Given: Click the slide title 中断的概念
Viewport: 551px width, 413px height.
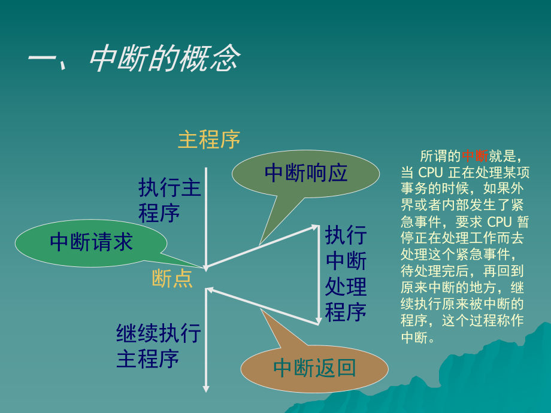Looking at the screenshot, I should tap(165, 59).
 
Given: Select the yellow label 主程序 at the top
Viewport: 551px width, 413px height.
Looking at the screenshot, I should tap(209, 139).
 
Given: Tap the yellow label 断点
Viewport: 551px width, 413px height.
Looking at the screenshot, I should tap(172, 278).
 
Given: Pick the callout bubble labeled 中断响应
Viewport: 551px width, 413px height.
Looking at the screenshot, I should tap(305, 173).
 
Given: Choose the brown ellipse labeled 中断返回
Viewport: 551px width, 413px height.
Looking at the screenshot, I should tap(314, 368).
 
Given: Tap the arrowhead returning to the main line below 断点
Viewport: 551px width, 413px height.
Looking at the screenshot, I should tap(210, 290).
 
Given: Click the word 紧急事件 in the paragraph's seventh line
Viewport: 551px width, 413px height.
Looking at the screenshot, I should tap(481, 253).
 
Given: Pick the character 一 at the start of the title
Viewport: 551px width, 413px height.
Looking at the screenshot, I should tap(42, 60).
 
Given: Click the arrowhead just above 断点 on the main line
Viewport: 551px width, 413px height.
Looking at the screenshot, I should tap(206, 267).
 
